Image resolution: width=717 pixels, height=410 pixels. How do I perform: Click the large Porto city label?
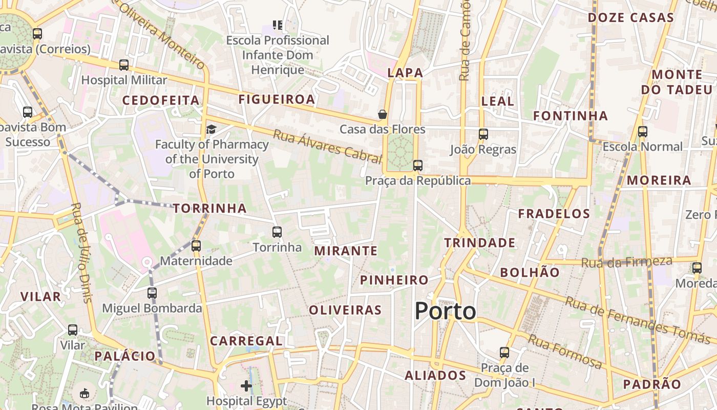tap(445, 311)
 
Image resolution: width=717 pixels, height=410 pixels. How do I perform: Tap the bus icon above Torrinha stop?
tap(277, 232)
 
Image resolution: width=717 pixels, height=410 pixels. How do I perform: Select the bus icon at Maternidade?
tap(196, 246)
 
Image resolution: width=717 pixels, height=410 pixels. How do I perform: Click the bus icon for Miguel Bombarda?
tap(152, 293)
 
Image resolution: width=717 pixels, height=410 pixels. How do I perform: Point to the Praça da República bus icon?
tap(418, 166)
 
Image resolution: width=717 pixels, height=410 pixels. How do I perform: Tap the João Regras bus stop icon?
tap(483, 134)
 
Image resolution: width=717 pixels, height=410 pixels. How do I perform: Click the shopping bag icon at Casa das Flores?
tap(382, 114)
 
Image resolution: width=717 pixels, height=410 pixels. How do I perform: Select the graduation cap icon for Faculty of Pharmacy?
tap(211, 129)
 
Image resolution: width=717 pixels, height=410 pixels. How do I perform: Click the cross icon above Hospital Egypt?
tap(246, 385)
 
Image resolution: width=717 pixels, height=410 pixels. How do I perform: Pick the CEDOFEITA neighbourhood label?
tap(161, 100)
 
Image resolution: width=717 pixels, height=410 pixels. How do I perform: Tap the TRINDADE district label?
tap(479, 243)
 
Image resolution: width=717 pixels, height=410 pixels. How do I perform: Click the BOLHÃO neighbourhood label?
tap(530, 273)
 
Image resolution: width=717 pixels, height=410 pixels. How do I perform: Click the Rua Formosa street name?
tap(565, 352)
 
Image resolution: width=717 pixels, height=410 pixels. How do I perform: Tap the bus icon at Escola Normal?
tap(643, 132)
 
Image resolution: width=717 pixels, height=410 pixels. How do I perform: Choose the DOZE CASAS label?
tap(630, 18)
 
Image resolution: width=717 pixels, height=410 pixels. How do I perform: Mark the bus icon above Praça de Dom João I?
tap(504, 353)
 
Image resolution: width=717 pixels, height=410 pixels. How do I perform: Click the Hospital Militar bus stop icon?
tap(124, 65)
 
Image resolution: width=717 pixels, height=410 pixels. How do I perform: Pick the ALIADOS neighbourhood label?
tap(435, 376)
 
